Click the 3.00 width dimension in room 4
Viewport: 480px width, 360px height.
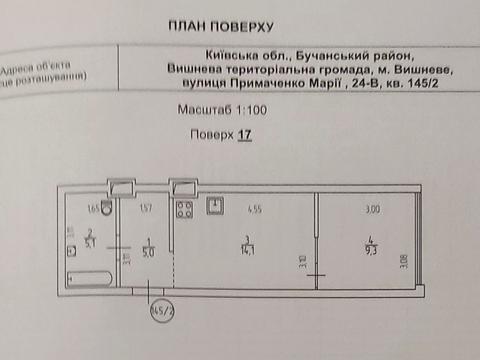[372, 208]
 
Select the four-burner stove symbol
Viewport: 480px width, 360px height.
[184, 209]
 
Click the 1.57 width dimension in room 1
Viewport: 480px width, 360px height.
[146, 208]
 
